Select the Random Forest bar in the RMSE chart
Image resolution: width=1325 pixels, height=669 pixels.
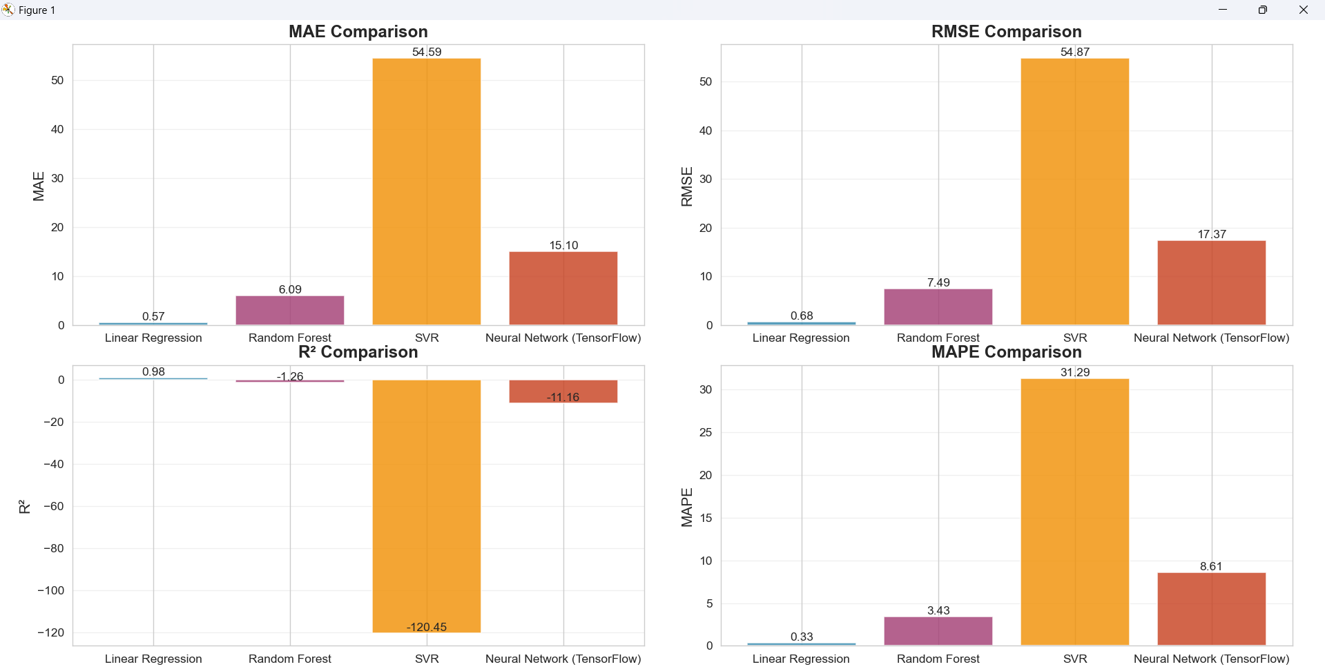click(938, 307)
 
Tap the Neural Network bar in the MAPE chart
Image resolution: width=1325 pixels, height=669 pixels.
click(1211, 609)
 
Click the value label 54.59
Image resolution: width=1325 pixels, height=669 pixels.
click(427, 52)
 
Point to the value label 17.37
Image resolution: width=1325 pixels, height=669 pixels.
click(1212, 234)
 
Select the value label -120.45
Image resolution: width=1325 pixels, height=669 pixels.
click(427, 627)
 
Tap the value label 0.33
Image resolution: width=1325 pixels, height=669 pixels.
click(802, 637)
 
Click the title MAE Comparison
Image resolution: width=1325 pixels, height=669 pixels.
click(358, 32)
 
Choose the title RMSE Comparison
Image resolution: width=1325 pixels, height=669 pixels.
click(1006, 32)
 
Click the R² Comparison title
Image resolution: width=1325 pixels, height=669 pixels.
click(358, 352)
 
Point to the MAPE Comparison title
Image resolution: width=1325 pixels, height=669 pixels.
click(1006, 352)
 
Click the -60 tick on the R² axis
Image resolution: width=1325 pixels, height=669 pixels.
click(54, 506)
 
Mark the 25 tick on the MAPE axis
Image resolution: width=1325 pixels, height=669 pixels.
click(705, 432)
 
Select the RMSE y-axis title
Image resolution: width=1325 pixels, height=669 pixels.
click(687, 186)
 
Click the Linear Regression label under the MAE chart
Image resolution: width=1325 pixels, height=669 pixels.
click(153, 338)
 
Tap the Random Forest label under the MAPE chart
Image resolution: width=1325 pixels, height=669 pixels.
click(938, 659)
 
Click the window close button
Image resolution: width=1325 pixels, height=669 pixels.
click(1303, 10)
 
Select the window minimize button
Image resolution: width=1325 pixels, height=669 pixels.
click(1223, 10)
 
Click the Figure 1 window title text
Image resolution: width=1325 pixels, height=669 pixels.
click(37, 10)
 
